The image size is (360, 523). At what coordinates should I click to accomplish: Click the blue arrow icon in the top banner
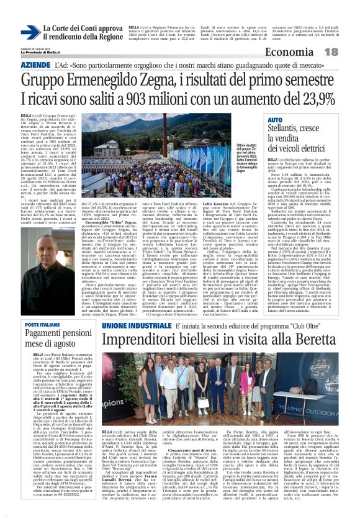click(30, 33)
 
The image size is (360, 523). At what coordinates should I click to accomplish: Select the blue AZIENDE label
click(35, 65)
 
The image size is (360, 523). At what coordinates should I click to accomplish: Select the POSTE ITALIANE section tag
click(43, 324)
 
